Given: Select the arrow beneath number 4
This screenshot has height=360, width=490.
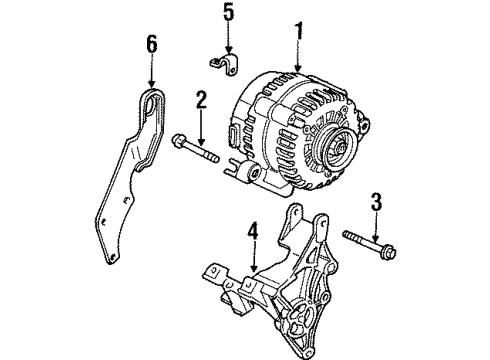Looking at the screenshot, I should (253, 260).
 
